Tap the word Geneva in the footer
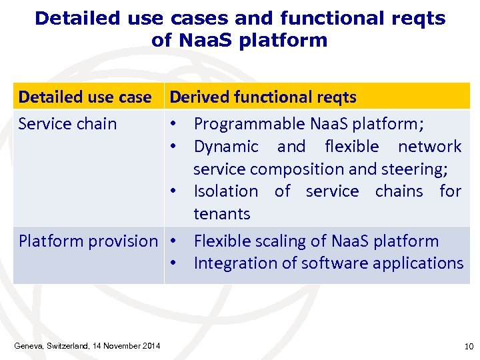click(x=29, y=346)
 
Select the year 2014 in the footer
click(x=151, y=346)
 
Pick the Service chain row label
click(x=67, y=124)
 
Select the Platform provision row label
click(x=88, y=241)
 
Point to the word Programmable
click(x=249, y=124)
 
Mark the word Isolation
click(x=225, y=191)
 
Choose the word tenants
click(x=222, y=214)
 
